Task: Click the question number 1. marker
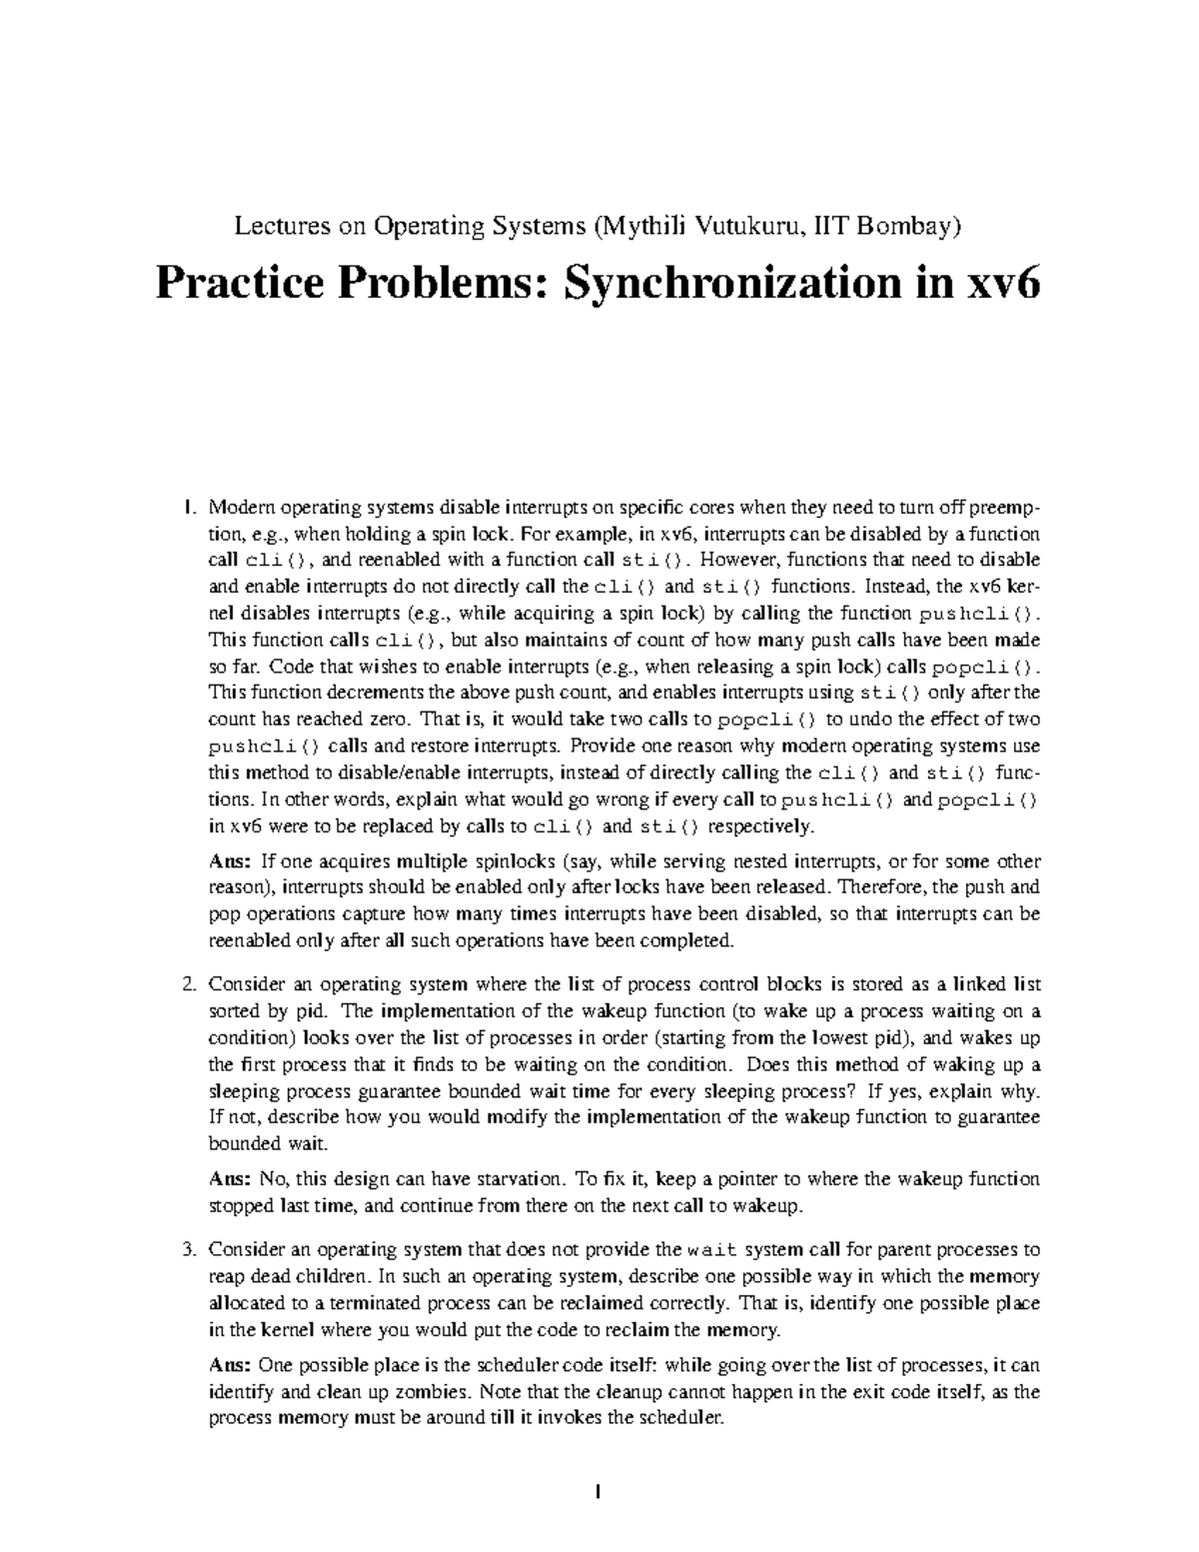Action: pyautogui.click(x=192, y=507)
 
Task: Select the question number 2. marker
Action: pyautogui.click(x=191, y=984)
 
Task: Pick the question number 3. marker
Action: pyautogui.click(x=191, y=1249)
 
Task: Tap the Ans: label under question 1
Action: pyautogui.click(x=229, y=861)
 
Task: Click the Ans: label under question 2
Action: pyautogui.click(x=229, y=1179)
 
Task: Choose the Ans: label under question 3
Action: pyautogui.click(x=229, y=1365)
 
